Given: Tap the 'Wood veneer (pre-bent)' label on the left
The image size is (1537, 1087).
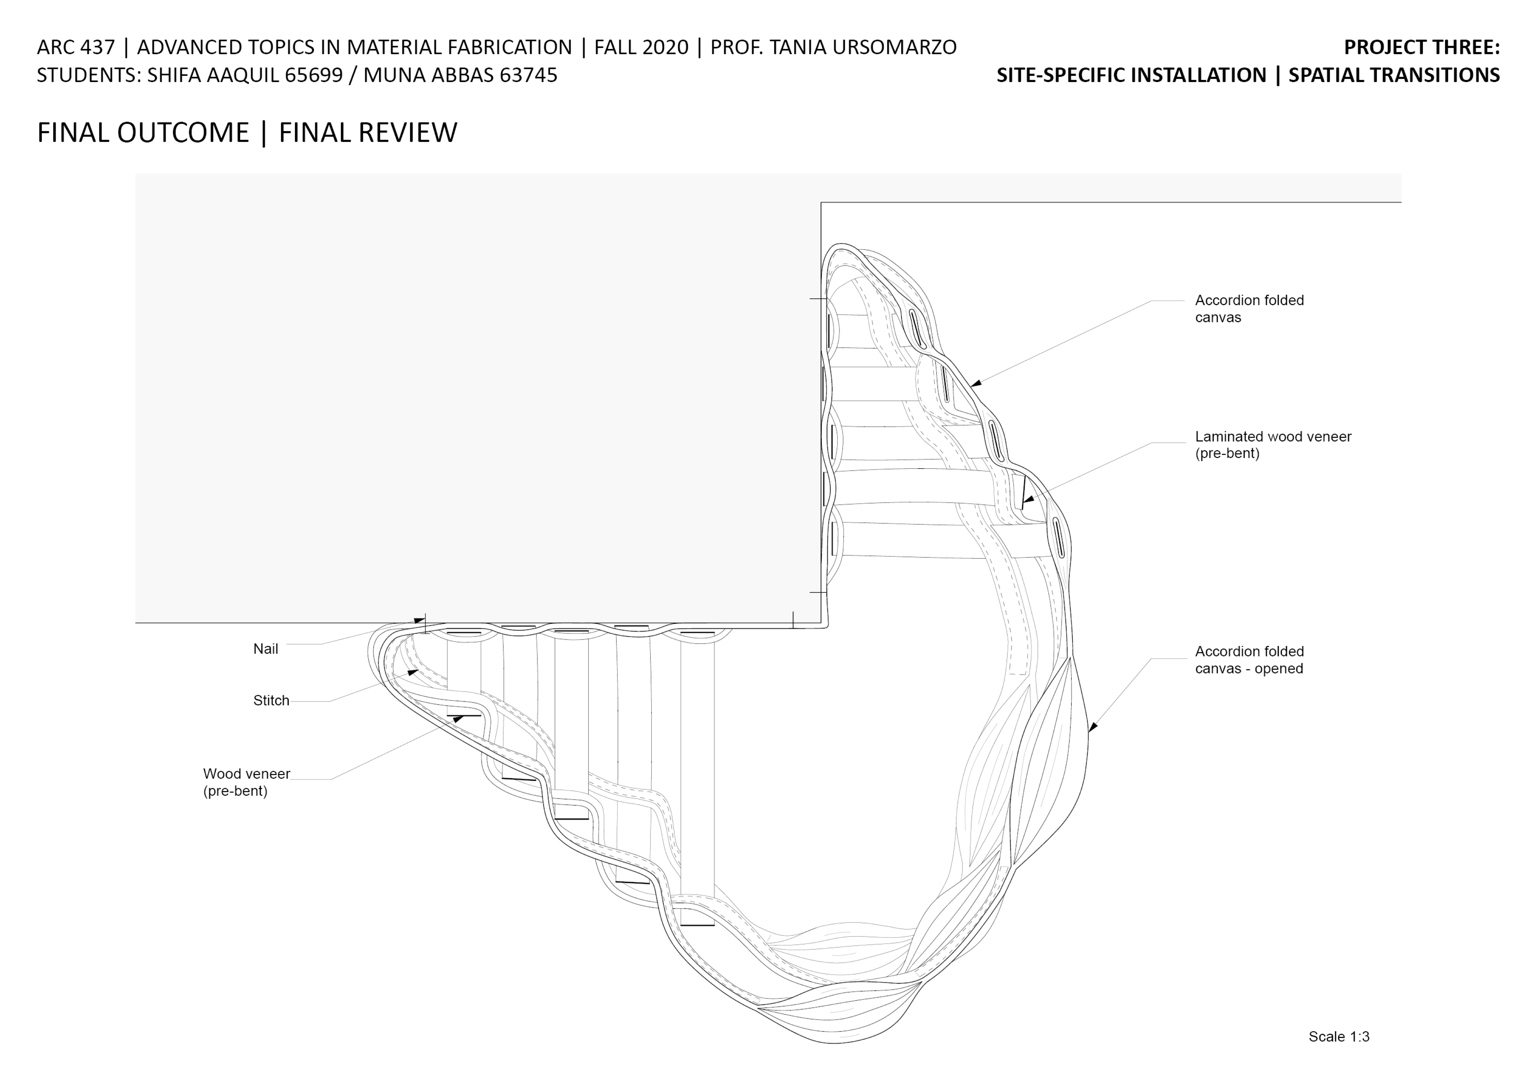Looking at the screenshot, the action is click(246, 782).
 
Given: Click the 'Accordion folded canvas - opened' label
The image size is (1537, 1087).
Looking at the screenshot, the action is click(1249, 660).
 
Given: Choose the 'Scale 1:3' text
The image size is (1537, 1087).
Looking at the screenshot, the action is click(1339, 1037).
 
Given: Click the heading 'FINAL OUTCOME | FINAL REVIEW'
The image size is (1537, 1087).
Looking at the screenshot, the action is click(247, 133).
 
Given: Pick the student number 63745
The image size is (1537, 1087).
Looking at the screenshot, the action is click(528, 75).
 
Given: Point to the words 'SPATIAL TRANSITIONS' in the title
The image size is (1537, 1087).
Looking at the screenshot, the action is click(1394, 75).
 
